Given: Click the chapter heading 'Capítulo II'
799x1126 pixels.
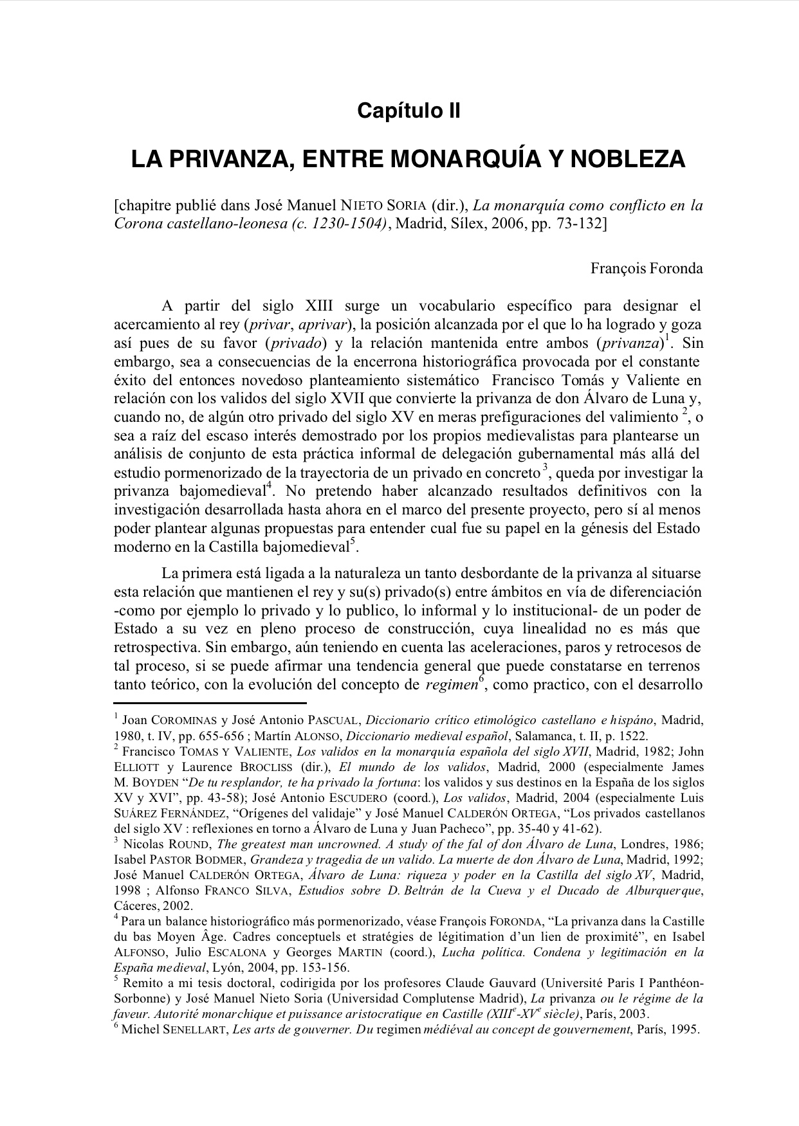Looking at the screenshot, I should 409,111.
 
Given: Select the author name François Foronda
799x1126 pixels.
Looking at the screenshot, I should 647,268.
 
